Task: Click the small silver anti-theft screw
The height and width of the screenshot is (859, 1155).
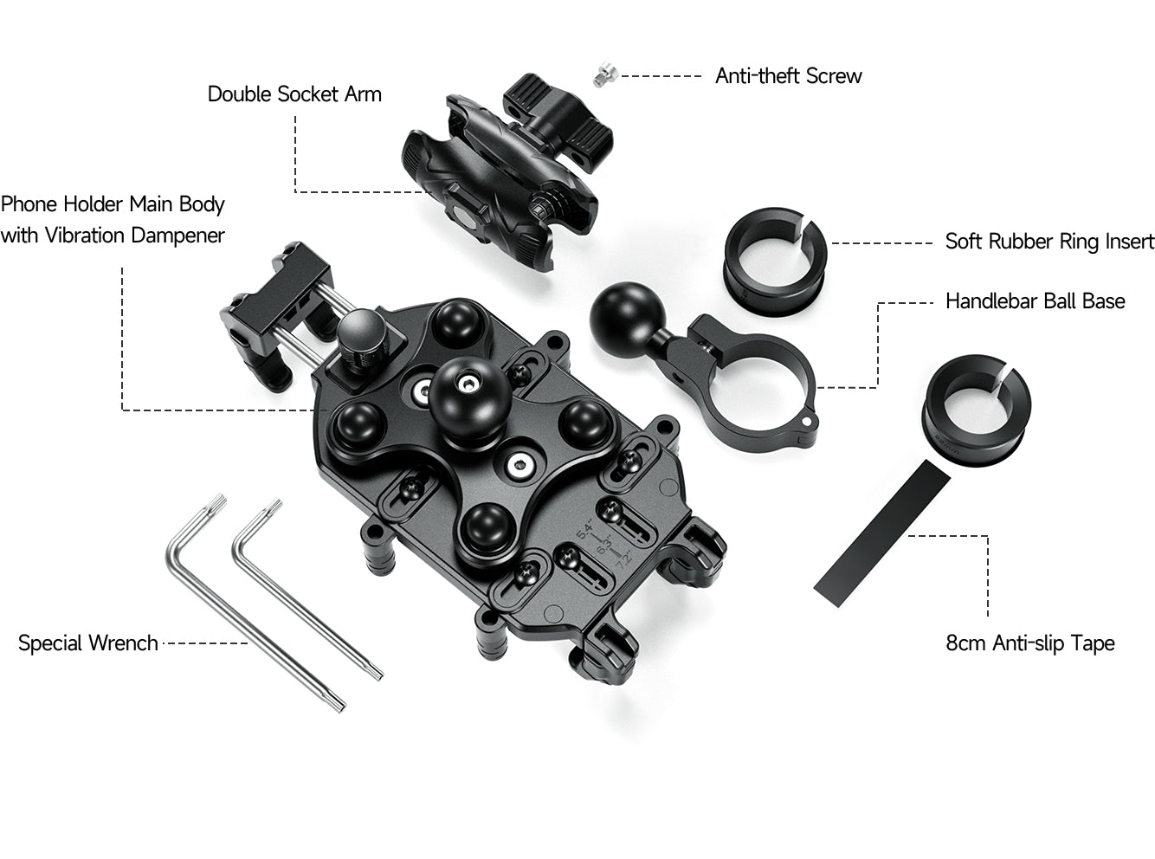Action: click(x=605, y=74)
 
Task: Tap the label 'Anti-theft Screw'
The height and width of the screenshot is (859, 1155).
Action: click(x=789, y=76)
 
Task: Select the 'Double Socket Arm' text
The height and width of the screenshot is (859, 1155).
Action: click(x=294, y=94)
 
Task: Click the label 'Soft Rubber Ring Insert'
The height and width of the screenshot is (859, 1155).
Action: click(x=1049, y=242)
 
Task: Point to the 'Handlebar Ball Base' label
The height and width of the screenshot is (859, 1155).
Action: click(x=1036, y=301)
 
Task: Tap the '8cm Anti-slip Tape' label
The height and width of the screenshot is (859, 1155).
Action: click(x=1030, y=643)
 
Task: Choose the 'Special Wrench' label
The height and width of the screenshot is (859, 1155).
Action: click(x=88, y=643)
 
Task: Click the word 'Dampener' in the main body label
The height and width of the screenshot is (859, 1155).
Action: click(x=177, y=236)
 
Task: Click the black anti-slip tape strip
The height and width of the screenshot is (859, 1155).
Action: click(x=882, y=533)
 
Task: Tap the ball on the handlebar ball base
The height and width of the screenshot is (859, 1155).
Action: click(x=627, y=313)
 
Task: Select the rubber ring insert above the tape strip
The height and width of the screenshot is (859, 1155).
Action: click(x=976, y=410)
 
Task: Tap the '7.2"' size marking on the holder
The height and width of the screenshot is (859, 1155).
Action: click(x=624, y=559)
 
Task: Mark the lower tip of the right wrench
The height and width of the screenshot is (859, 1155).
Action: click(x=378, y=676)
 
